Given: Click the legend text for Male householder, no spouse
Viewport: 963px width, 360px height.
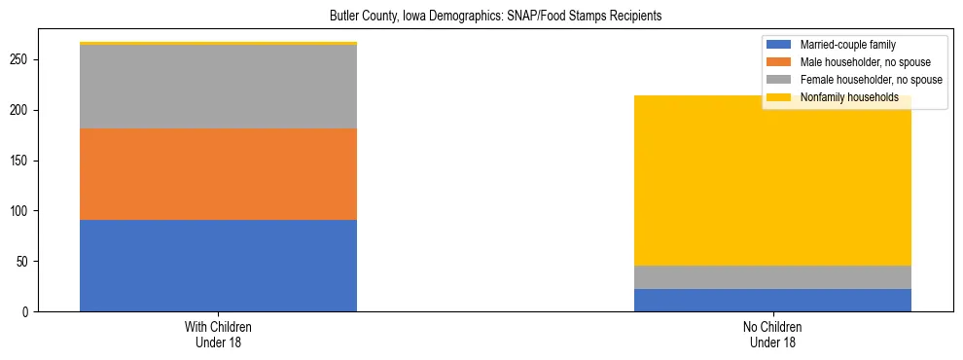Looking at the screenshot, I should click(x=864, y=62).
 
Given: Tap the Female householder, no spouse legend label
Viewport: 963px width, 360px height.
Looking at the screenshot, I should click(x=870, y=80).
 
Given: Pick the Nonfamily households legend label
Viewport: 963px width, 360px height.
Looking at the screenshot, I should click(x=848, y=97).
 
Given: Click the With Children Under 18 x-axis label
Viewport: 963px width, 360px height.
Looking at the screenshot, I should click(x=218, y=335).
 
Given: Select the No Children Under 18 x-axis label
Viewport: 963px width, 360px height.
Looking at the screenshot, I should click(x=772, y=335).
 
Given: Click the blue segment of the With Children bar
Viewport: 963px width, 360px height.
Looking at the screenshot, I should click(x=218, y=266).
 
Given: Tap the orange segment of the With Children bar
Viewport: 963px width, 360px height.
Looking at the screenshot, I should click(x=218, y=174).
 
